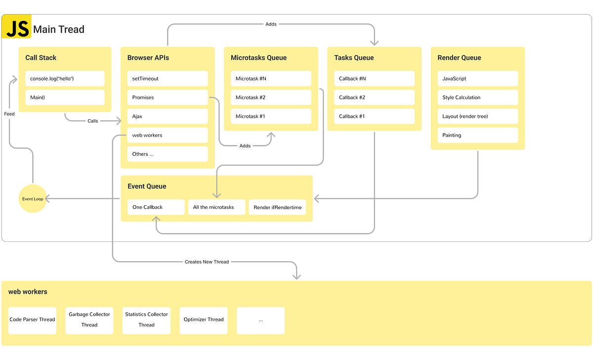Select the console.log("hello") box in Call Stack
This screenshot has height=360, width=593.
coord(65,79)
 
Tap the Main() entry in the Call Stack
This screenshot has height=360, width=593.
coord(65,97)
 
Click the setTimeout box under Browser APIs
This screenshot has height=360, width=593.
coord(168,79)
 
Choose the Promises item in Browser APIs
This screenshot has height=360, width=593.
coord(168,97)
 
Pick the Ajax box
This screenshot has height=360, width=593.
coord(168,116)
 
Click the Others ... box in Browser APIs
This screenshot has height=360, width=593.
coord(168,154)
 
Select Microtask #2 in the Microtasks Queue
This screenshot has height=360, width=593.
coord(271,97)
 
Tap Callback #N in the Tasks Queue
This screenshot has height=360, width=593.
coord(374,79)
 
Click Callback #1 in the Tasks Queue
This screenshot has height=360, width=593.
coord(374,116)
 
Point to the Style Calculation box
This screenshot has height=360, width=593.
coord(477,97)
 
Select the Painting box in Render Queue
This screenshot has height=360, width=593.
coord(477,135)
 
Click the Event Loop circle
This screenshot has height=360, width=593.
coord(33,199)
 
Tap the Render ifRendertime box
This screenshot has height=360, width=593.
coord(277,207)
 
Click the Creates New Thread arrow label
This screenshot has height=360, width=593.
coord(207,262)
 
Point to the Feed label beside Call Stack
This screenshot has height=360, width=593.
coord(9,114)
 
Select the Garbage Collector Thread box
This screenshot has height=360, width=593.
coord(89,320)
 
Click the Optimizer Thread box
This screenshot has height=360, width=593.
coord(204,320)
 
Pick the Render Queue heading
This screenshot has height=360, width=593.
coord(459,58)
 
